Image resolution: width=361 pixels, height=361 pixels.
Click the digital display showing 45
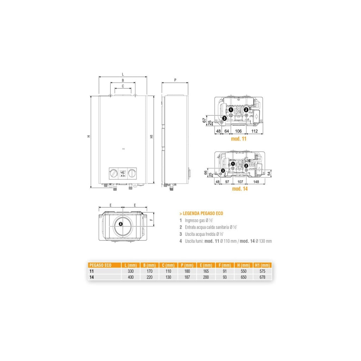pyautogui.click(x=123, y=173)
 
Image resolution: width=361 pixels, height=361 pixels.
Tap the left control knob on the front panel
pyautogui.click(x=114, y=173)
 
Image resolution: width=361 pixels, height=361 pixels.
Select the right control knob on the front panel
pyautogui.click(x=132, y=173)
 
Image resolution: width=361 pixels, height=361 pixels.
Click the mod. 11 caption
pyautogui.click(x=239, y=139)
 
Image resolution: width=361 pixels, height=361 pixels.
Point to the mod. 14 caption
pyautogui.click(x=240, y=189)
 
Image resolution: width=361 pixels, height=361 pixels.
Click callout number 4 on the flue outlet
pyautogui.click(x=121, y=224)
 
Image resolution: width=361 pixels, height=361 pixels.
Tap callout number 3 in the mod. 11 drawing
pyautogui.click(x=225, y=118)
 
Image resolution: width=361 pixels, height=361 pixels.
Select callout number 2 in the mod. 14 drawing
pyautogui.click(x=246, y=166)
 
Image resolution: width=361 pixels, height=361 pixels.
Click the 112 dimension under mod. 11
pyautogui.click(x=255, y=131)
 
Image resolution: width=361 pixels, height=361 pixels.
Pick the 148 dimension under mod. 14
pyautogui.click(x=256, y=182)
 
